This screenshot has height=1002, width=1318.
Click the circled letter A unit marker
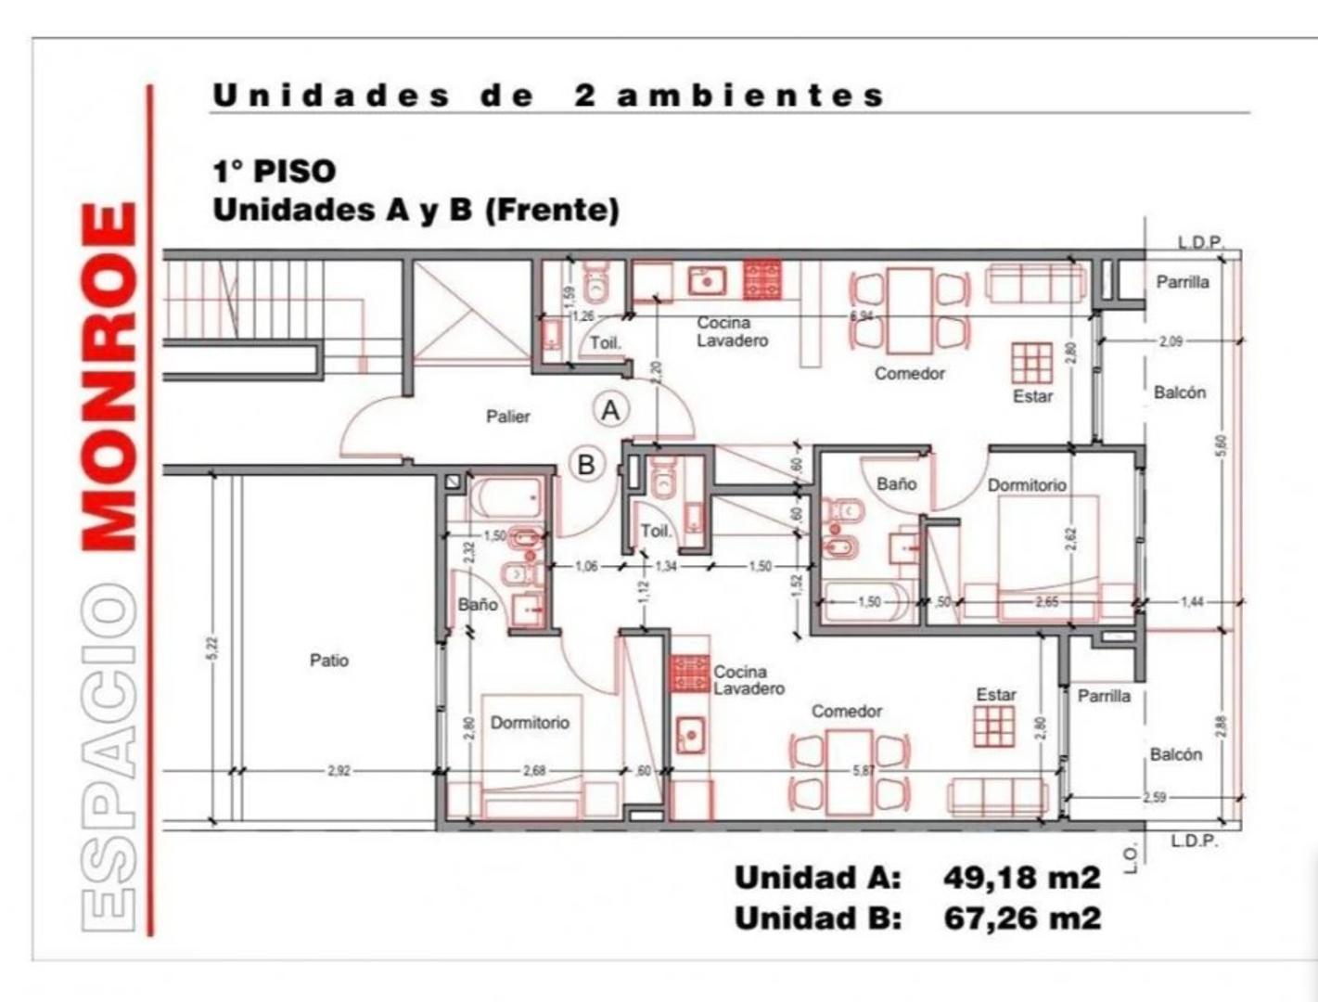(610, 409)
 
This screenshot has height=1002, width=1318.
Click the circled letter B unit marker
(586, 463)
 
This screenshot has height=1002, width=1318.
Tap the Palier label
(508, 417)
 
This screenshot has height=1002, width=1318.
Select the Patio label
(329, 661)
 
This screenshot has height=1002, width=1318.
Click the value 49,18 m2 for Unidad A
(1022, 877)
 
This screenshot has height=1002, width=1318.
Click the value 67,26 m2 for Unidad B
(1022, 918)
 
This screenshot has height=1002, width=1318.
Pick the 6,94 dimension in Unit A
(861, 316)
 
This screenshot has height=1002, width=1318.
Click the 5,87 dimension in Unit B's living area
(863, 771)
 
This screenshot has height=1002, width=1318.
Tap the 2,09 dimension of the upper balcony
(1171, 341)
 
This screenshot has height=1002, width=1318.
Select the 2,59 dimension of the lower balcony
(1154, 797)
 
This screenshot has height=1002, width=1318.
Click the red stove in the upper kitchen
(762, 280)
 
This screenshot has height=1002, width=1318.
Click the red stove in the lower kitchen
(690, 674)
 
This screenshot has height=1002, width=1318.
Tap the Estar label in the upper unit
(1032, 396)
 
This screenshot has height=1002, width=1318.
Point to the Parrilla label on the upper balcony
(1182, 282)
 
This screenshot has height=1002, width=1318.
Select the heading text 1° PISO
(275, 172)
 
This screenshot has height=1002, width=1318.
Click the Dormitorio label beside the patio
(530, 723)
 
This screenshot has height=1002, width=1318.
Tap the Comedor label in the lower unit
(846, 712)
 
